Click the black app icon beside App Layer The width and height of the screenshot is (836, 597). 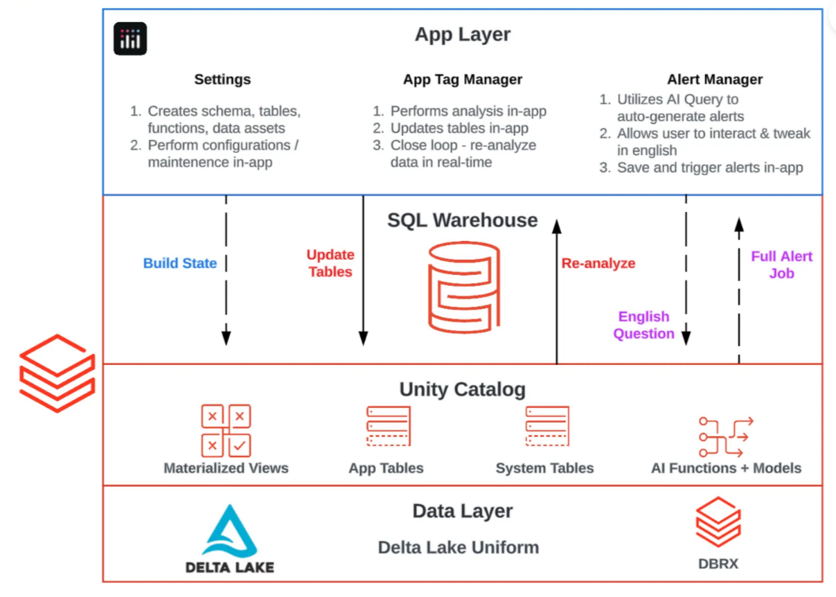pos(130,38)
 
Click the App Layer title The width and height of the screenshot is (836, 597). pos(463,35)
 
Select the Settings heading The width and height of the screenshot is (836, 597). pos(222,80)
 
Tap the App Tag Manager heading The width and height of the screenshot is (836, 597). pos(463,80)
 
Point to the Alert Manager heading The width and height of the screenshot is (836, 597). pos(715,80)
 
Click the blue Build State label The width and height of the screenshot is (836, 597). pos(180,263)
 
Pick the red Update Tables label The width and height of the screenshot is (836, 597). pos(330,263)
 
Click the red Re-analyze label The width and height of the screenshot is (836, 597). pos(598,263)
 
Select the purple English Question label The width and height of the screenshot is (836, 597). pos(643,325)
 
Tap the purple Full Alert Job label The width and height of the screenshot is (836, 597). pos(781,265)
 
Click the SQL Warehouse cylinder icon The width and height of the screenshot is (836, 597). pos(464,287)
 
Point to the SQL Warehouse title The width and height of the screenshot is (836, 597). pos(463,220)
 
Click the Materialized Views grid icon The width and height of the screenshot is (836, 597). pos(226,431)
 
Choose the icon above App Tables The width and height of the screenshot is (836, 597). pos(389,426)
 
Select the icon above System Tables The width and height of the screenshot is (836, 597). pos(547,426)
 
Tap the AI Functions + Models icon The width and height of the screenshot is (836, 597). pos(726,436)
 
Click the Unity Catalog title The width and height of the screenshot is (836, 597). pos(463,390)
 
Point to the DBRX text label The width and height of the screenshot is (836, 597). pos(718,564)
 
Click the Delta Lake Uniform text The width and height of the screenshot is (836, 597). pos(459,547)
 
